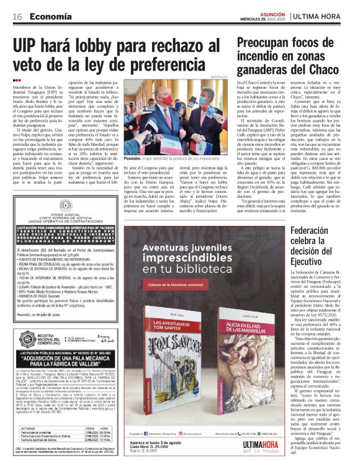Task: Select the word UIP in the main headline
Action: pyautogui.click(x=30, y=47)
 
